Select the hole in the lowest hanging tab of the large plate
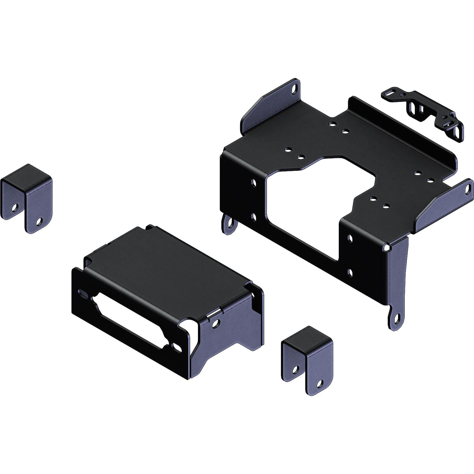pyautogui.click(x=396, y=318)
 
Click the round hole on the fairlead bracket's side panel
pyautogui.click(x=217, y=323)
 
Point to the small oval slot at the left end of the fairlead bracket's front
pyautogui.click(x=80, y=292)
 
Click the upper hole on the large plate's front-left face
pyautogui.click(x=253, y=183)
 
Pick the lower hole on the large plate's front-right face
pyautogui.click(x=350, y=273)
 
